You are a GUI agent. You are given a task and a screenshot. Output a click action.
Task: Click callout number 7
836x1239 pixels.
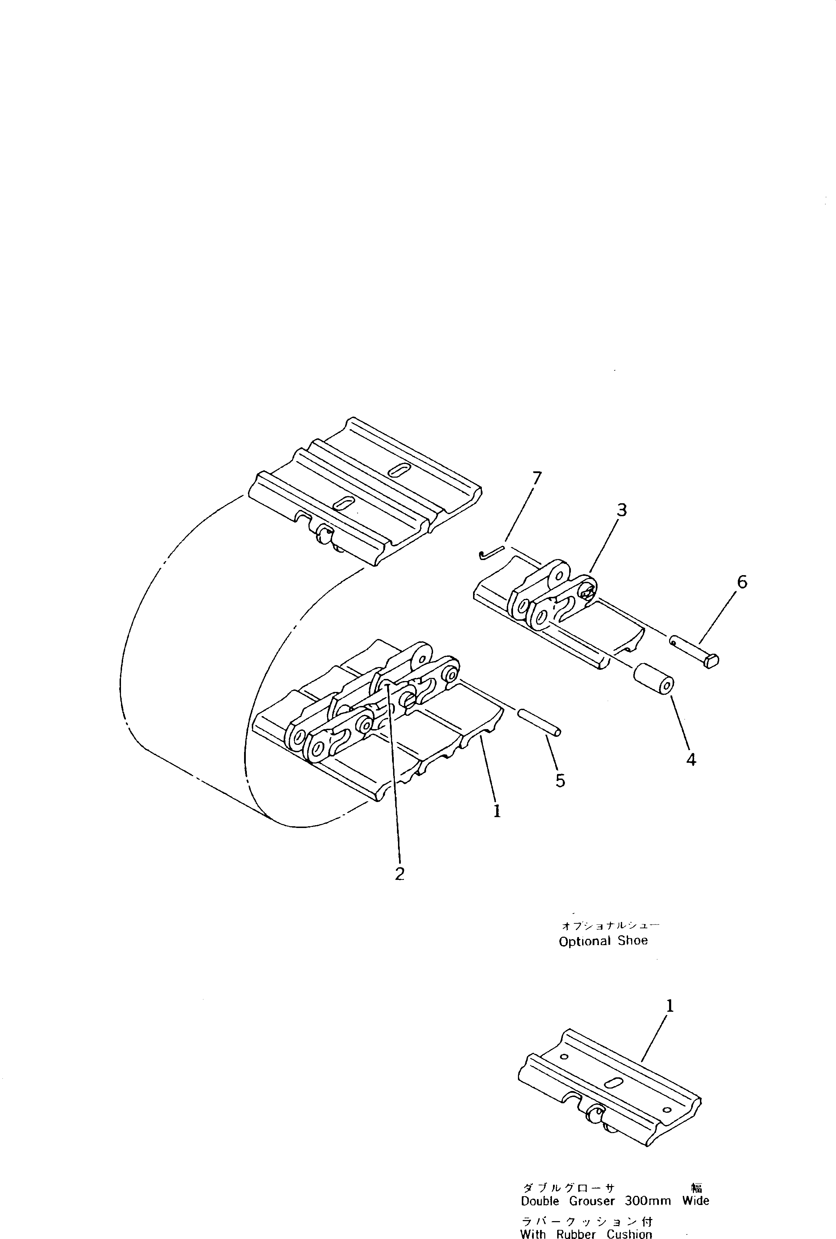(537, 478)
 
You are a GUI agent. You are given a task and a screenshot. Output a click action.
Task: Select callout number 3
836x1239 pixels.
(621, 510)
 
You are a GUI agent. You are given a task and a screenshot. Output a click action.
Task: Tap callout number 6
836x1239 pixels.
(742, 582)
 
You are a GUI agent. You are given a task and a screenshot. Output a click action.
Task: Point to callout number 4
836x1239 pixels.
(691, 759)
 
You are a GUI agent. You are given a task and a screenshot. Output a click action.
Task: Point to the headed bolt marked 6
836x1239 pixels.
(695, 652)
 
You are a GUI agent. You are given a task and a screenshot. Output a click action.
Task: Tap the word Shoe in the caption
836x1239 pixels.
(633, 941)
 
